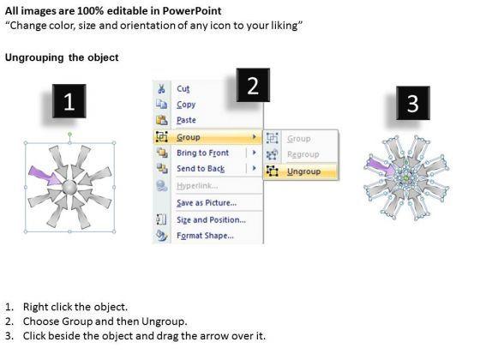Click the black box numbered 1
69,101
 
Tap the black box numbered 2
253,85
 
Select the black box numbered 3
413,103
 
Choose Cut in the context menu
183,89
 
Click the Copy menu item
186,105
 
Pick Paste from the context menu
186,120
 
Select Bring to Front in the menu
202,153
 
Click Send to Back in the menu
201,168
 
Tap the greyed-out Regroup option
303,154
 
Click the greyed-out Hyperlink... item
197,185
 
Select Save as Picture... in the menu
207,202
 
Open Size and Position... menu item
211,219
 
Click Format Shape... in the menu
205,236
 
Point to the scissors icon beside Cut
161,89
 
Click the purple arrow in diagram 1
46,176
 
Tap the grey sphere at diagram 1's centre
69,188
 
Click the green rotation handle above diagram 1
69,134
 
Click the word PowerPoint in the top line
192,11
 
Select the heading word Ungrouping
34,58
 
